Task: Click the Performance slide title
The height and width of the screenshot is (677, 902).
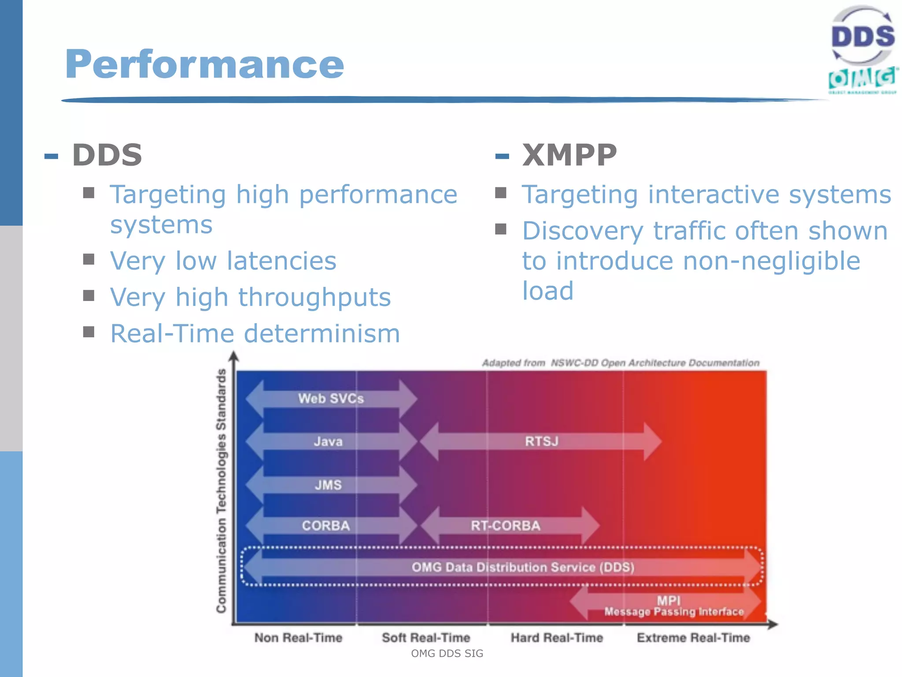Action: (x=204, y=65)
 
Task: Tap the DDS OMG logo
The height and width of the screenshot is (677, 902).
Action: (x=863, y=50)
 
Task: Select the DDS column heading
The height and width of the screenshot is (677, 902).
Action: (x=107, y=155)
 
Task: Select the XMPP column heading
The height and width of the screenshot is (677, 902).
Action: (x=569, y=155)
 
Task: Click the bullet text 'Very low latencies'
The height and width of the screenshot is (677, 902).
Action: (x=223, y=261)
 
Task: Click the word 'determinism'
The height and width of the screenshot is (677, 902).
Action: (x=322, y=333)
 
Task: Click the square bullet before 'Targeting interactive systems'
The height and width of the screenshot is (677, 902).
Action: (x=501, y=193)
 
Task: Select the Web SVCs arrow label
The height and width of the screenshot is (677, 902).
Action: (x=331, y=398)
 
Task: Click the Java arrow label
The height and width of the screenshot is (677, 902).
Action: (x=328, y=441)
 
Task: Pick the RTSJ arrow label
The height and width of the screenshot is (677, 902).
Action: (x=541, y=441)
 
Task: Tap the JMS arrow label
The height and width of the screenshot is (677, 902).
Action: (x=328, y=485)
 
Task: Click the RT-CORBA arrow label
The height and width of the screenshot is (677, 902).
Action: (x=505, y=525)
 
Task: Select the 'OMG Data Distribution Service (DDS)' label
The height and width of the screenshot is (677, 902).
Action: (x=523, y=567)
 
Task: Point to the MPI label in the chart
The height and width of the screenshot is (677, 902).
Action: (x=669, y=600)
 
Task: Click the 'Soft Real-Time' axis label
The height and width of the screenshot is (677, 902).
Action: (x=426, y=638)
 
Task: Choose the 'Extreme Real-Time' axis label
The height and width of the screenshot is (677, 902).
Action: (x=693, y=638)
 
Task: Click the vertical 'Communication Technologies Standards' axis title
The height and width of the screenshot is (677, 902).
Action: (x=221, y=491)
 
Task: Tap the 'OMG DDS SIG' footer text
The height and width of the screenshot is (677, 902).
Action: (x=447, y=654)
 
